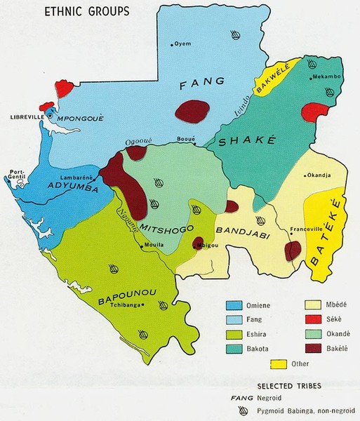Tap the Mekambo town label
click(325, 76)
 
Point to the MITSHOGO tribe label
click(164, 228)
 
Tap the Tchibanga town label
click(124, 305)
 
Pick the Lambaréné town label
click(77, 179)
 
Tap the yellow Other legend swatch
click(279, 363)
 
